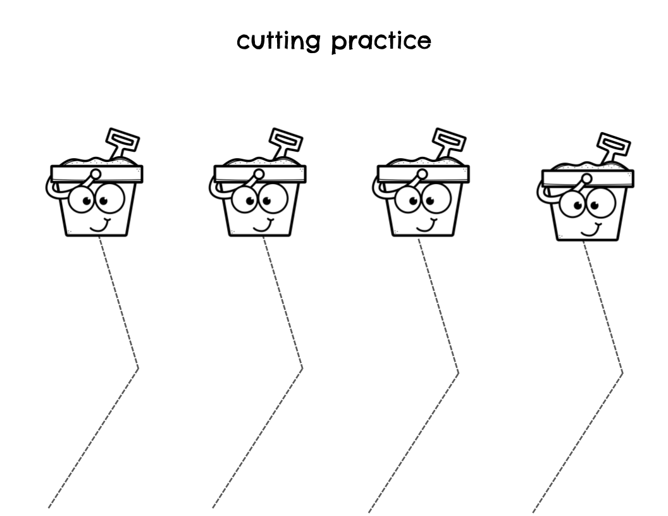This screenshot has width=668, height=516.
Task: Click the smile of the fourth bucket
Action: click(x=591, y=230)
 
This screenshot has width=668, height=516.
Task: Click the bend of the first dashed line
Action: click(x=138, y=367)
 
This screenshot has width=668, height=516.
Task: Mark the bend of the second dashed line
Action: click(x=302, y=367)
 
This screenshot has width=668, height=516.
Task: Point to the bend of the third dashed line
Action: click(x=458, y=372)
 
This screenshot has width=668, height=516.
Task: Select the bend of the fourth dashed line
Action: click(x=622, y=372)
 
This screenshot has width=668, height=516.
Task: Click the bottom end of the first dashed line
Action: click(x=49, y=507)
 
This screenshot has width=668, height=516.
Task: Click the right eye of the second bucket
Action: click(x=275, y=199)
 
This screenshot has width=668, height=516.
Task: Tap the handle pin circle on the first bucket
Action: click(x=95, y=174)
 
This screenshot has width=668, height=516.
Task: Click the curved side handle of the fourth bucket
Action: click(x=542, y=192)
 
